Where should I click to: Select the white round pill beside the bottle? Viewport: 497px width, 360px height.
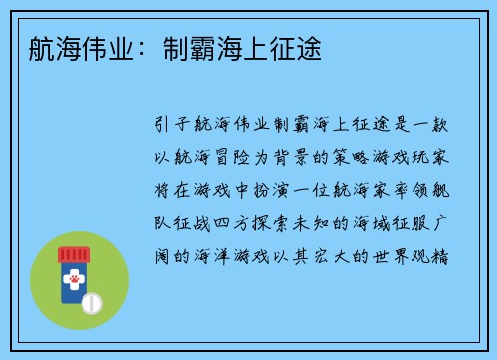tap(91, 301)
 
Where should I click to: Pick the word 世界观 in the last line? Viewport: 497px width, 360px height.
tap(400, 254)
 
